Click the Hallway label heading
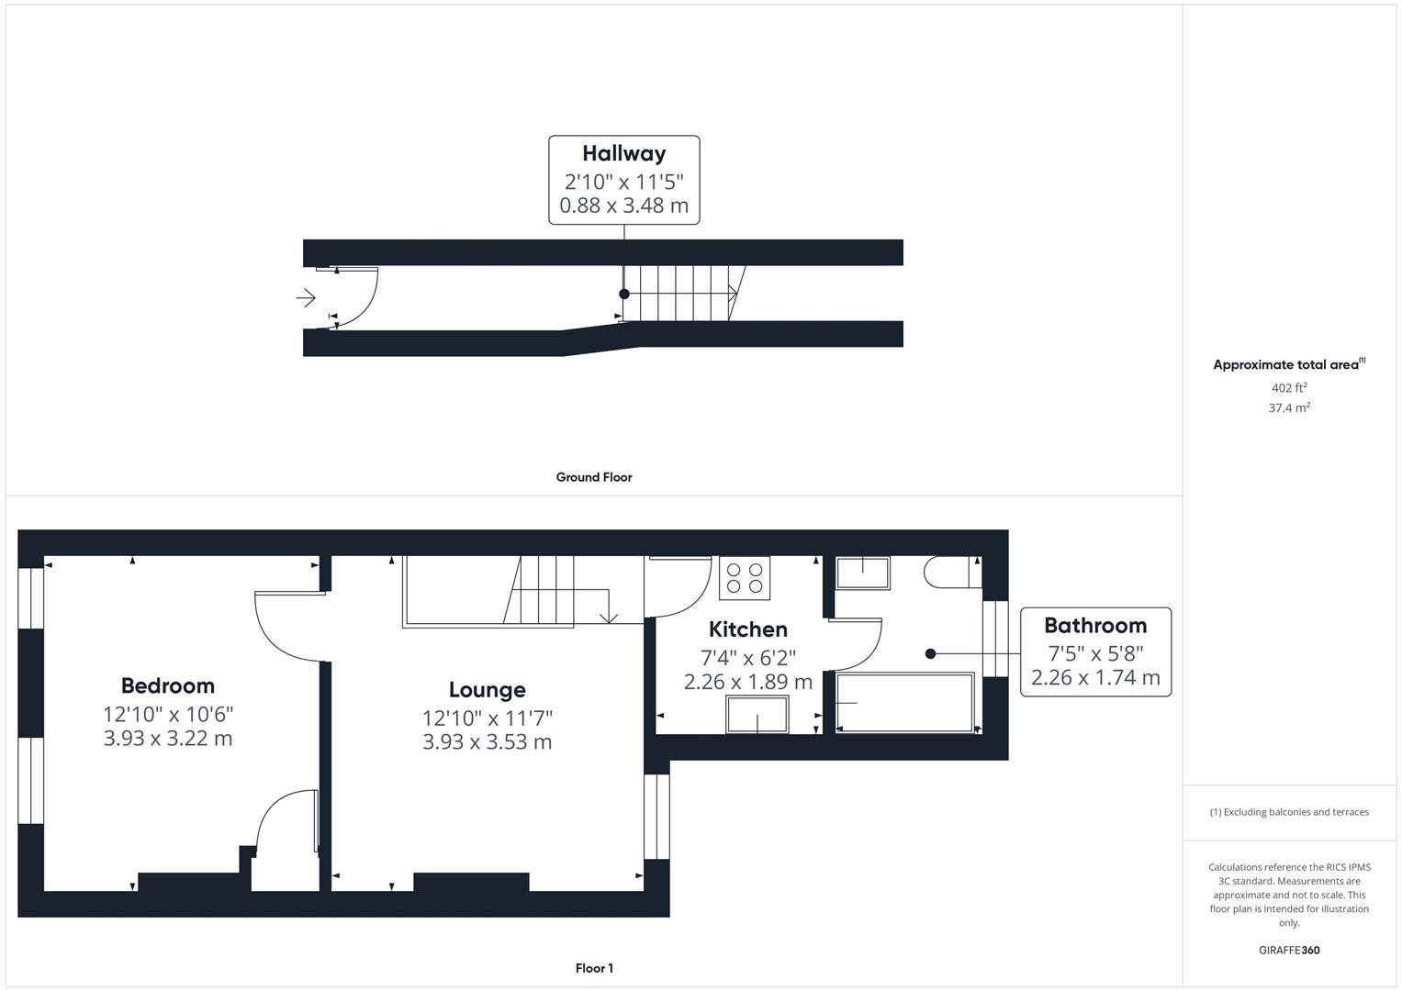point(623,153)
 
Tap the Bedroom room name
point(168,685)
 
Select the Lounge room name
point(487,690)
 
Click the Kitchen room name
point(747,629)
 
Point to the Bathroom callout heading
point(1095,626)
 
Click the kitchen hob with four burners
point(745,578)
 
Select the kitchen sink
point(757,714)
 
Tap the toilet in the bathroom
point(950,572)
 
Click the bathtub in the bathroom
point(905,703)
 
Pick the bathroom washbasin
point(862,573)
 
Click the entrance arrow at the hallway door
point(306,298)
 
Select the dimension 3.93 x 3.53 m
point(487,742)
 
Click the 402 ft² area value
point(1289,388)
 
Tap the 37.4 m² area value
point(1289,408)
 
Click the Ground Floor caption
point(594,477)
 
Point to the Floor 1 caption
point(594,968)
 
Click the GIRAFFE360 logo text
point(1289,950)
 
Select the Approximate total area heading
point(1288,364)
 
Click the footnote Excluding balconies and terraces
point(1289,812)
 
